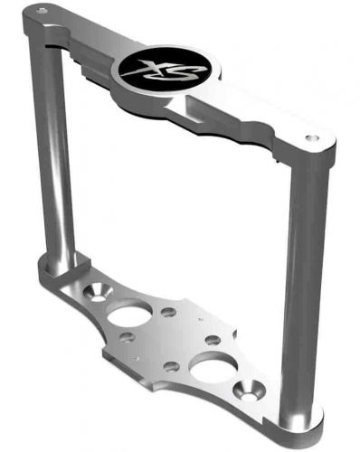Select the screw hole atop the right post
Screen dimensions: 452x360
click(312, 138)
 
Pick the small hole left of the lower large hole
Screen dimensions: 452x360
click(171, 367)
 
